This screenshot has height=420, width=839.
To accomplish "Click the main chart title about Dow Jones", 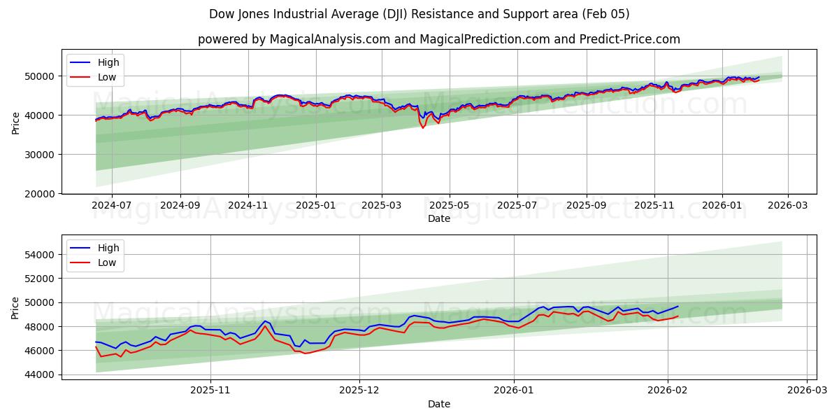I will pyautogui.click(x=419, y=14).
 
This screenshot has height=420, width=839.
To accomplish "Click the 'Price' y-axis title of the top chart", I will pyautogui.click(x=16, y=122).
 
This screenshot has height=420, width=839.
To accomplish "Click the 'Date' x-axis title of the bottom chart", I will pyautogui.click(x=438, y=404).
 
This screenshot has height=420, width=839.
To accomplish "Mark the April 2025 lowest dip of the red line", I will pyautogui.click(x=422, y=128).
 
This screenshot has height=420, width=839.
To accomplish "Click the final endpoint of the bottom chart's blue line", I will pyautogui.click(x=677, y=306).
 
